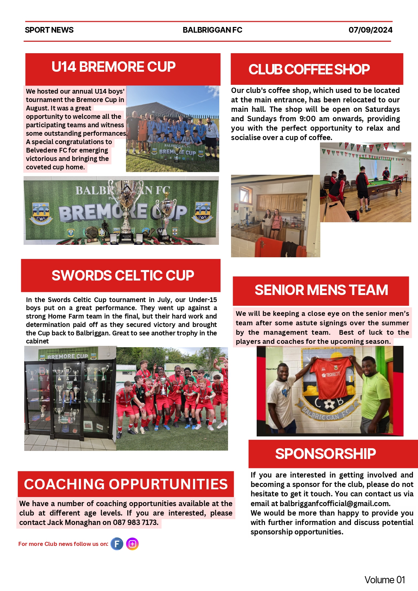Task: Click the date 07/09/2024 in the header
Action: pyautogui.click(x=370, y=30)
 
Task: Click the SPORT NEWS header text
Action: pyautogui.click(x=49, y=30)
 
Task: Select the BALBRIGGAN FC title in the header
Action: pyautogui.click(x=212, y=30)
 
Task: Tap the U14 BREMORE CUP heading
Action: pyautogui.click(x=114, y=67)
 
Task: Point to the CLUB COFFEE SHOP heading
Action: pyautogui.click(x=309, y=69)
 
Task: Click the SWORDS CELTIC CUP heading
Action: pyautogui.click(x=123, y=275)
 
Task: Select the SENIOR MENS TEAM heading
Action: pyautogui.click(x=321, y=290)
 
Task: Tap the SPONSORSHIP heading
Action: pyautogui.click(x=325, y=454)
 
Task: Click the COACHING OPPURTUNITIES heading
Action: pyautogui.click(x=126, y=484)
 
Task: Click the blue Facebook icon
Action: pyautogui.click(x=117, y=544)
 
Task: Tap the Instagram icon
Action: pyautogui.click(x=132, y=544)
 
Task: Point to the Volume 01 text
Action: pyautogui.click(x=384, y=580)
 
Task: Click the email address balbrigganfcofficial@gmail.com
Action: pyautogui.click(x=334, y=503)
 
